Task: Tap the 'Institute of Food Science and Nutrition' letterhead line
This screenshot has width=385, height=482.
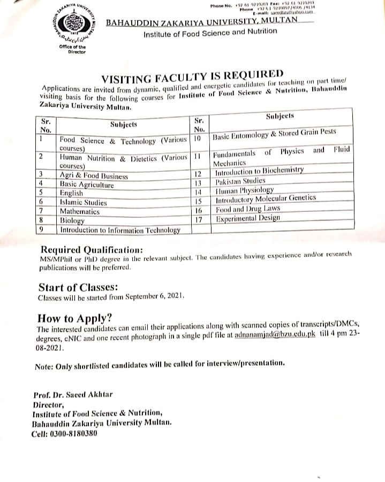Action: [210, 32]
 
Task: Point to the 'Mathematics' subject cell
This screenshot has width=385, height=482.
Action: [80, 211]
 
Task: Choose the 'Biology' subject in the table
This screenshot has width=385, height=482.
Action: [72, 220]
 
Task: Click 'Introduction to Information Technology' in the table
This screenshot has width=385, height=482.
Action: [120, 229]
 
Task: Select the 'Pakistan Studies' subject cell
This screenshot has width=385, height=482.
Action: [240, 181]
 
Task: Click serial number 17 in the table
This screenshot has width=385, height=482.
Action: [199, 219]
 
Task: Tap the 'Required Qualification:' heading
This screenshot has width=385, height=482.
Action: [92, 250]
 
